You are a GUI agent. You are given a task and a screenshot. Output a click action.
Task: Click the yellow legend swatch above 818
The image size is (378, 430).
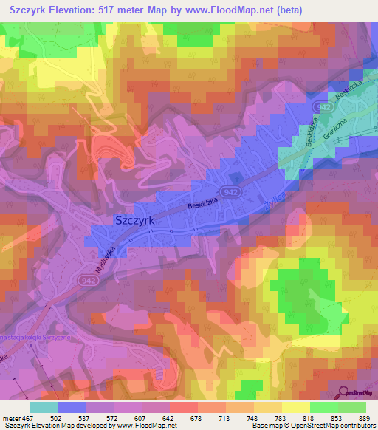point(295,406)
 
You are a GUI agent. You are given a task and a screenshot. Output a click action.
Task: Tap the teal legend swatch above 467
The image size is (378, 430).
point(43,406)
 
